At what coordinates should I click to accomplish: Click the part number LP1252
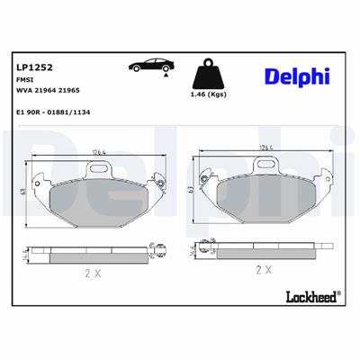click(31, 67)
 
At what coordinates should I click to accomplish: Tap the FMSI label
click(25, 79)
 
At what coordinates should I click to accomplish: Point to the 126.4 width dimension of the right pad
click(263, 148)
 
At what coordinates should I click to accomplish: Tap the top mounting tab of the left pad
click(97, 167)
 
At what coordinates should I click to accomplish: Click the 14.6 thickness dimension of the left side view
click(24, 254)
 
